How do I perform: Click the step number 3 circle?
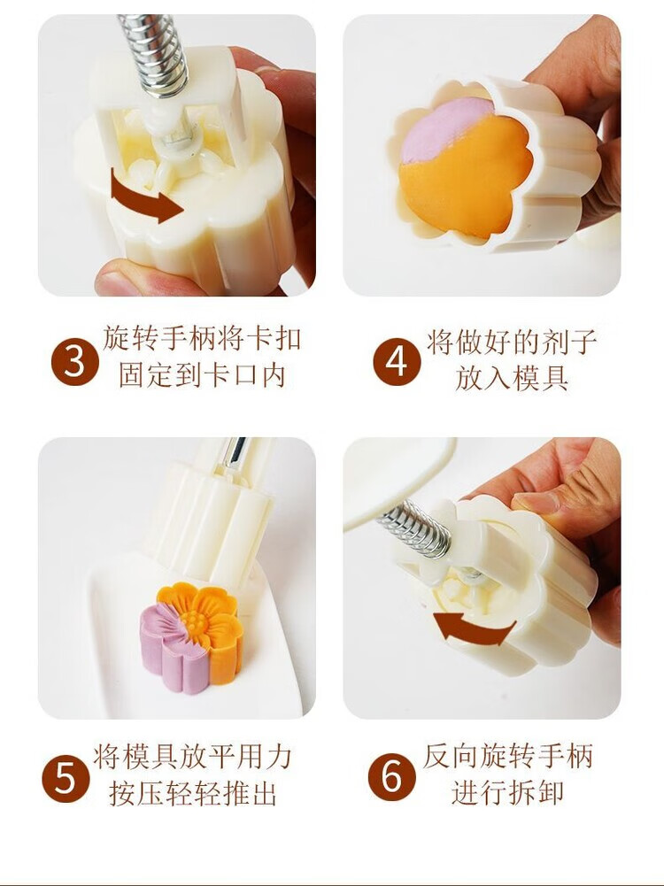pyautogui.click(x=75, y=362)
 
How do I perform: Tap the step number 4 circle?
pyautogui.click(x=397, y=362)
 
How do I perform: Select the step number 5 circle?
pyautogui.click(x=66, y=779)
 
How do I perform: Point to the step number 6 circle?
pyautogui.click(x=391, y=777)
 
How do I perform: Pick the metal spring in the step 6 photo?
pyautogui.click(x=414, y=529)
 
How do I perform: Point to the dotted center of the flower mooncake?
pyautogui.click(x=196, y=620)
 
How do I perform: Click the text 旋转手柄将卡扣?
pyautogui.click(x=203, y=340)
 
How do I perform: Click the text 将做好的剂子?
pyautogui.click(x=512, y=343)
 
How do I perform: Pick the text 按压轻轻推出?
pyautogui.click(x=193, y=793)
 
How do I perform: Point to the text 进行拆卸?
pyautogui.click(x=508, y=792)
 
